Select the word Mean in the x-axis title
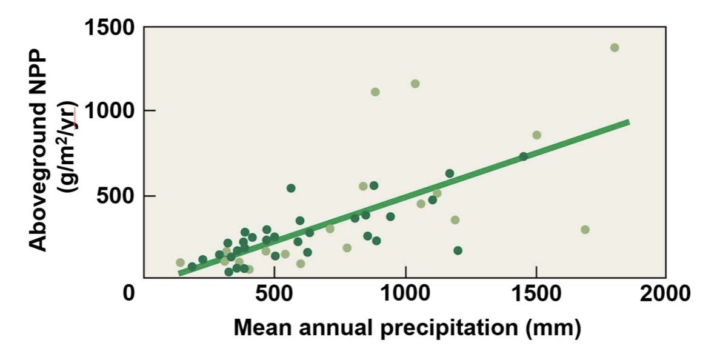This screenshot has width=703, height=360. [261, 328]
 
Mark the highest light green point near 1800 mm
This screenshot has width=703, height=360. [615, 48]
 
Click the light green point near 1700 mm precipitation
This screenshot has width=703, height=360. [585, 230]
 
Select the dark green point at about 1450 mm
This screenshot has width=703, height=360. [524, 156]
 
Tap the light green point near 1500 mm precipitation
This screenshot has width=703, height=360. [536, 135]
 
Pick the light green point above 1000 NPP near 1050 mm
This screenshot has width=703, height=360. [415, 84]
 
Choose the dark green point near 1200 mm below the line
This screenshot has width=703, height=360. [458, 250]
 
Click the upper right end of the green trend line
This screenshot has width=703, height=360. [628, 122]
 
